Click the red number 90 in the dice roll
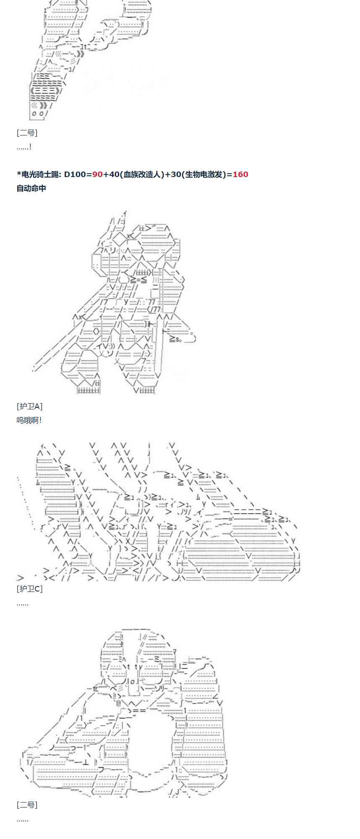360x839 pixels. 97,174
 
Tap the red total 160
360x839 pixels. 240,174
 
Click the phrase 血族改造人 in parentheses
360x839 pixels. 141,174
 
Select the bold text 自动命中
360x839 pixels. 31,188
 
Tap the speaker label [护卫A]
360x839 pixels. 29,406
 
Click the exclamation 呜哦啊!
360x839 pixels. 29,420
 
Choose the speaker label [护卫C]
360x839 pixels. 29,589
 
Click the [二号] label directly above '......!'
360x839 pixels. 27,133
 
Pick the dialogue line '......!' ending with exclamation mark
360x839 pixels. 24,147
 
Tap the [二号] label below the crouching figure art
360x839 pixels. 27,805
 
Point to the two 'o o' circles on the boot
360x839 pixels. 38,114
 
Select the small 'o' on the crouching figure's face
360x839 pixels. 131,680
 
